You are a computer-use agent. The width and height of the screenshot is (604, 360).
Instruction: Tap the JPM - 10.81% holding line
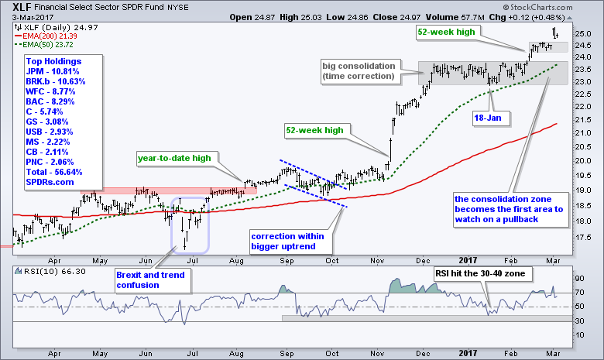pos(50,70)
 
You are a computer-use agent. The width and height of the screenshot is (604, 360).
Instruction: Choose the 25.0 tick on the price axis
pos(585,34)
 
